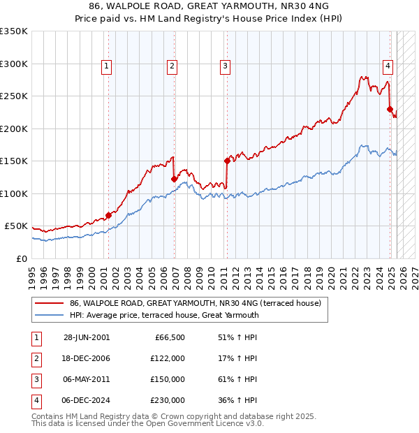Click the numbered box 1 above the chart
[x=106, y=66]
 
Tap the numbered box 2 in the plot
[x=172, y=66]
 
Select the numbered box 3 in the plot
[x=226, y=66]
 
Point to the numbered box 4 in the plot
[x=388, y=66]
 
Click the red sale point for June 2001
[x=109, y=215]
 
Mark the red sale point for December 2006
[x=174, y=179]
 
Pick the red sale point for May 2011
[x=227, y=161]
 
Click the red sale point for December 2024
[x=390, y=109]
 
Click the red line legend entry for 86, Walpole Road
[x=195, y=303]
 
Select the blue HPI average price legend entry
[x=164, y=315]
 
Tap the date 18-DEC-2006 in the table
[x=87, y=358]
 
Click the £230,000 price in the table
[x=168, y=400]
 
